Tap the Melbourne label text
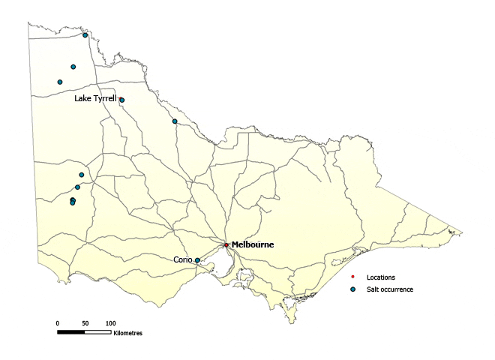click(x=253, y=245)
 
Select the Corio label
click(x=183, y=259)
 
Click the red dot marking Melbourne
click(x=226, y=244)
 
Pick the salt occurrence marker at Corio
click(x=197, y=260)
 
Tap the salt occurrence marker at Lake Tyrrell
click(x=121, y=100)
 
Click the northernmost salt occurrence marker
click(x=85, y=35)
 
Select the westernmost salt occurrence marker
click(x=60, y=82)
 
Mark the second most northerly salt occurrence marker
click(x=73, y=67)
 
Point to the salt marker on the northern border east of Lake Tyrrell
click(x=175, y=121)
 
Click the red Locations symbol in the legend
click(x=353, y=277)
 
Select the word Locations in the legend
click(x=380, y=277)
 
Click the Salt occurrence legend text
click(x=389, y=289)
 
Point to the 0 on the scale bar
click(x=58, y=322)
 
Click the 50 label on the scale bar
click(x=85, y=322)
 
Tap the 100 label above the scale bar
click(x=110, y=322)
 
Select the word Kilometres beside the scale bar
click(x=127, y=332)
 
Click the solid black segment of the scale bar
click(x=71, y=331)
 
